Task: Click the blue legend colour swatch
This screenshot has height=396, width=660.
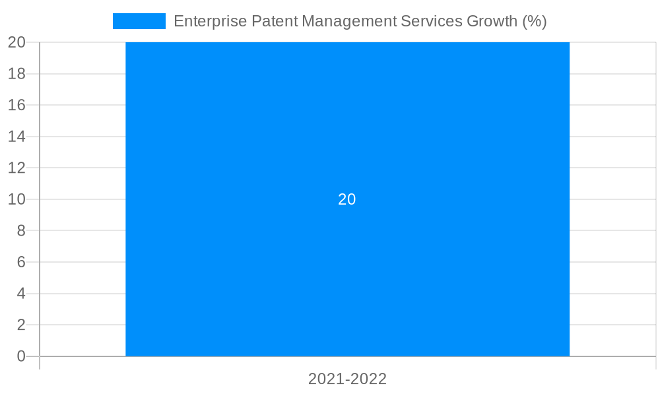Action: (x=139, y=21)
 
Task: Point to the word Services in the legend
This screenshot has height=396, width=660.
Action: (x=432, y=21)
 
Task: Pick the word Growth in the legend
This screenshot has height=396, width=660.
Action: (x=492, y=21)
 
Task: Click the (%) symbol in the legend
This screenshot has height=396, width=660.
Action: (x=535, y=21)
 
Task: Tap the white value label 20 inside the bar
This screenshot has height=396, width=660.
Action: (x=347, y=199)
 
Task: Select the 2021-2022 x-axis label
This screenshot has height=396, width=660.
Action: (x=347, y=379)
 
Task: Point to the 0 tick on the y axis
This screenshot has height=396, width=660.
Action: (x=20, y=356)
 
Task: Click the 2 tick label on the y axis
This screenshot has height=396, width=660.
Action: (x=20, y=325)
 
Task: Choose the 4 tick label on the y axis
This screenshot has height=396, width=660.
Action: (x=20, y=294)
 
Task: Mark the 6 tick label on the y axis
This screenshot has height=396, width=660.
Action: (x=20, y=262)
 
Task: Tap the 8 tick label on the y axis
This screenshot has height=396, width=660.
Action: (x=20, y=230)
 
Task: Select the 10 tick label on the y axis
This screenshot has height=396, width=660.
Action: (x=16, y=199)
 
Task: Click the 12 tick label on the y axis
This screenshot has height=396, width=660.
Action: (x=16, y=168)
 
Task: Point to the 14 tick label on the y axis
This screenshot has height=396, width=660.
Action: (x=16, y=137)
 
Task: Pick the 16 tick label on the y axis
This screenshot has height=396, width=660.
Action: (x=16, y=105)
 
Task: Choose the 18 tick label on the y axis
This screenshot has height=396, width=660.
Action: (x=16, y=74)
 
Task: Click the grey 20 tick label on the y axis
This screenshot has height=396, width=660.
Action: (x=16, y=42)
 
